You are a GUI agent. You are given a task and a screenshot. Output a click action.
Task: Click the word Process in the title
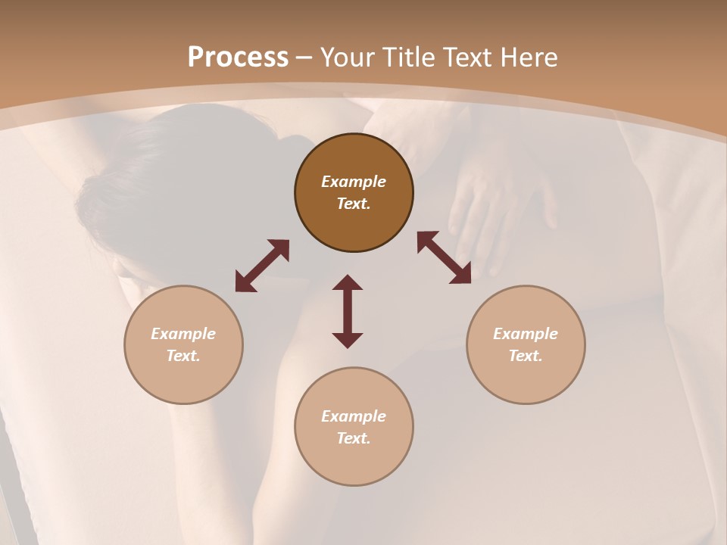[238, 58]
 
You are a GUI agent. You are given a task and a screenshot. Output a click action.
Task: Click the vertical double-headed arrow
[348, 311]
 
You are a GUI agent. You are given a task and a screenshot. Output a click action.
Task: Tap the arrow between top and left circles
[262, 266]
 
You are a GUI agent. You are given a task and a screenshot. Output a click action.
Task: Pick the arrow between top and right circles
[445, 258]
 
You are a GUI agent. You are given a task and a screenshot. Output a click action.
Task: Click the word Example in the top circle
[354, 182]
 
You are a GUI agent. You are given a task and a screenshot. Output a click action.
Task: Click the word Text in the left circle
[183, 356]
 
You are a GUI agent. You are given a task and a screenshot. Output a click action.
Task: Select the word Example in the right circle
[526, 334]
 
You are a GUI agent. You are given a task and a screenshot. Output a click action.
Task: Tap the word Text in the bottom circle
[354, 438]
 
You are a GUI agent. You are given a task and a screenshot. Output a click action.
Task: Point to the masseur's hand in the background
[492, 204]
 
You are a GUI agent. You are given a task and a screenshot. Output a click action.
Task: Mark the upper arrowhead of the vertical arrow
[348, 284]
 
